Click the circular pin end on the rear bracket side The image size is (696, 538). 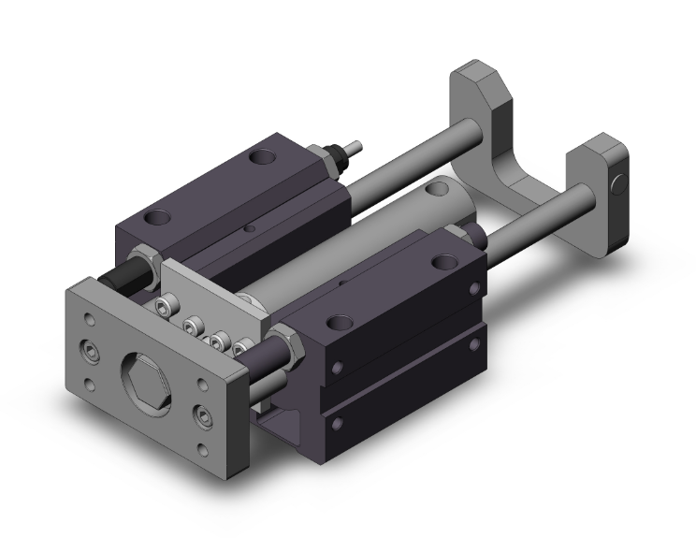tap(618, 184)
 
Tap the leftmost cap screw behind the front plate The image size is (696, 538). tap(165, 307)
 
